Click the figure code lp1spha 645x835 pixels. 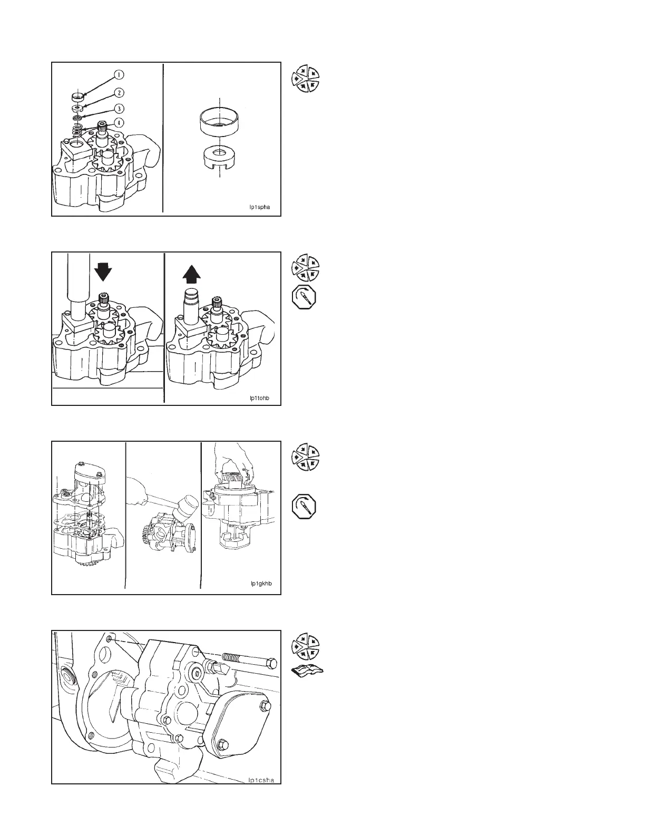pos(259,207)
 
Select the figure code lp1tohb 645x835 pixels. pos(259,397)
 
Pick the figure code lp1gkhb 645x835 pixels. pos(260,584)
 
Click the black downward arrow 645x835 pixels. pos(103,270)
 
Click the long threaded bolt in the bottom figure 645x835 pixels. pos(250,659)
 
